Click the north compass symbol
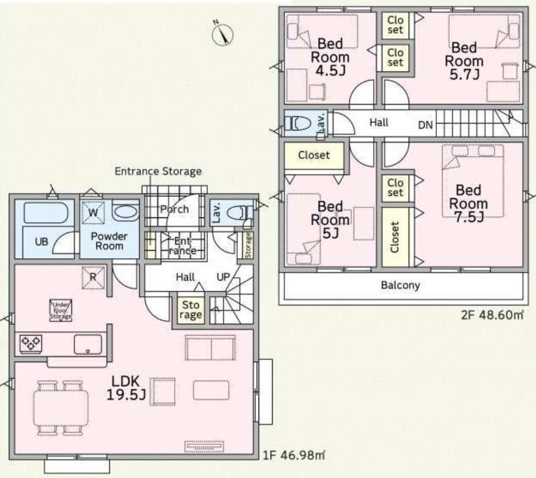click(222, 34)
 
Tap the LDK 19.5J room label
click(126, 388)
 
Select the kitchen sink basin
click(88, 344)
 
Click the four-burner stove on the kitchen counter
click(31, 343)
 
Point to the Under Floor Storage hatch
click(61, 311)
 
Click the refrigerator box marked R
click(93, 277)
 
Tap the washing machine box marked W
click(93, 213)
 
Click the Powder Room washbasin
click(126, 212)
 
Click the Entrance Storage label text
click(158, 171)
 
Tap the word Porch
click(174, 209)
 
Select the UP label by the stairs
click(223, 277)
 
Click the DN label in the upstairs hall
click(425, 125)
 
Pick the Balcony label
click(400, 285)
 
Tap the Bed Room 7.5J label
click(468, 203)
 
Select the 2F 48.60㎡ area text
click(492, 314)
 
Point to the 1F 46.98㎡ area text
click(294, 455)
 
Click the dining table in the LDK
click(61, 408)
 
